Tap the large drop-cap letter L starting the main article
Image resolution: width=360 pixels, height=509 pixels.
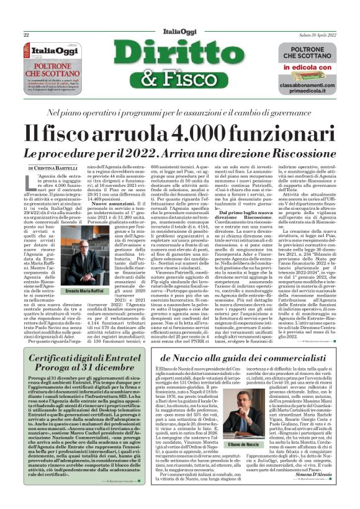coord(32,181)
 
